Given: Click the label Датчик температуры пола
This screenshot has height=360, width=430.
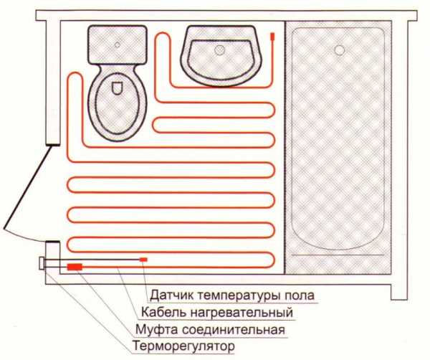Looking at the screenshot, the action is [232, 295].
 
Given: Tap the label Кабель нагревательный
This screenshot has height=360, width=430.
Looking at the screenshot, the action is [217, 312].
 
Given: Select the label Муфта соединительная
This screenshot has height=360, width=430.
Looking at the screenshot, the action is [210, 329].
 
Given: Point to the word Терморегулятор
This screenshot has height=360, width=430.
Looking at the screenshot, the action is [183, 346].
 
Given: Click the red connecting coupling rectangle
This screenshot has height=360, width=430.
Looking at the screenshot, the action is [75, 267].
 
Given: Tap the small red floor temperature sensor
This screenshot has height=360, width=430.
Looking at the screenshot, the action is [143, 260].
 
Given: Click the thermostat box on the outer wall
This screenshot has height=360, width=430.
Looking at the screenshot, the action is [42, 263].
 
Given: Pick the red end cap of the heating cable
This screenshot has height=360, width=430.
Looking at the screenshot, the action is [272, 37].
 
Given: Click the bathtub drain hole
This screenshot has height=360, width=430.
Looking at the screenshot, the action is [340, 50].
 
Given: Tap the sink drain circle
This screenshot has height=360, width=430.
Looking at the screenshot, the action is [220, 50].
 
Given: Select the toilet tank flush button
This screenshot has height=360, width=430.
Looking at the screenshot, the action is [118, 44].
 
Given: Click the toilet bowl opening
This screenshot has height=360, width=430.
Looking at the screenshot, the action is [117, 88].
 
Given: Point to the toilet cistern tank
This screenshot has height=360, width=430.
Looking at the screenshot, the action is [118, 44].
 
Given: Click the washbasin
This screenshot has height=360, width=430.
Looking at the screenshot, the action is [221, 56].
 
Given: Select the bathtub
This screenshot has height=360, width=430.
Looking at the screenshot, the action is [338, 138].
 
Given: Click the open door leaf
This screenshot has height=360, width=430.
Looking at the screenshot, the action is [27, 187].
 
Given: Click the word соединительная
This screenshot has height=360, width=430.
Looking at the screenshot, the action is [234, 330].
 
